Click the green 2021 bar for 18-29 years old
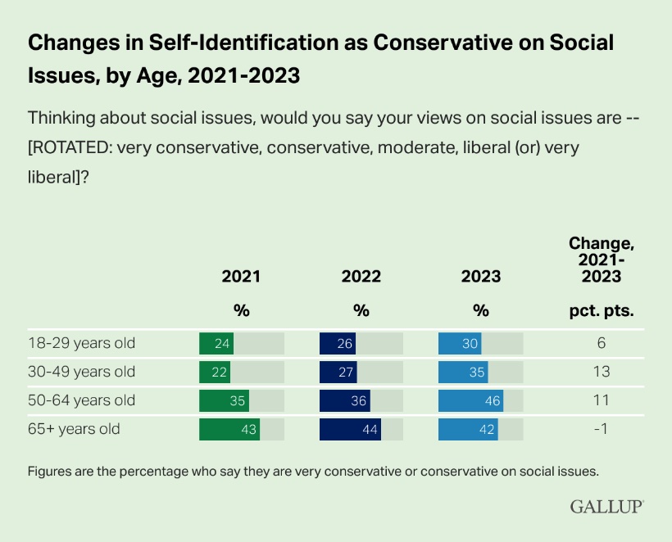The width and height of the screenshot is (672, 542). tap(216, 343)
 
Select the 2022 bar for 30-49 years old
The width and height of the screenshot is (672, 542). tap(338, 372)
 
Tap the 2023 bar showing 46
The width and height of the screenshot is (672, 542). tap(470, 400)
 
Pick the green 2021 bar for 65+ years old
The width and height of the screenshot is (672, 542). tap(229, 429)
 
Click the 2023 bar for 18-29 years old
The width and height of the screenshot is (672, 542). tap(460, 343)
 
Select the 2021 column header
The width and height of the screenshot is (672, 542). tap(241, 277)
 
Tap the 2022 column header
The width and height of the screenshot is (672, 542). tap(361, 277)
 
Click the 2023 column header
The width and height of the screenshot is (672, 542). tap(481, 277)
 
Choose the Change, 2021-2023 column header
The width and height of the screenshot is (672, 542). tap(602, 260)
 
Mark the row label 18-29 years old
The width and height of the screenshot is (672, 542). tap(81, 343)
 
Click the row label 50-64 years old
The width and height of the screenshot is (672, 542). tap(81, 400)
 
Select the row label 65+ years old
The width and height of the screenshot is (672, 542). tap(75, 429)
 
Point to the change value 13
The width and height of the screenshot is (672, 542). tap(602, 372)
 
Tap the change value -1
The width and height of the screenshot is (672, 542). tap(602, 429)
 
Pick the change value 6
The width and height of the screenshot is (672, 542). tap(602, 343)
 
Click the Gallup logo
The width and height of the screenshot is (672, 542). tap(606, 507)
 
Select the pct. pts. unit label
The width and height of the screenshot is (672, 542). tap(602, 311)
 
